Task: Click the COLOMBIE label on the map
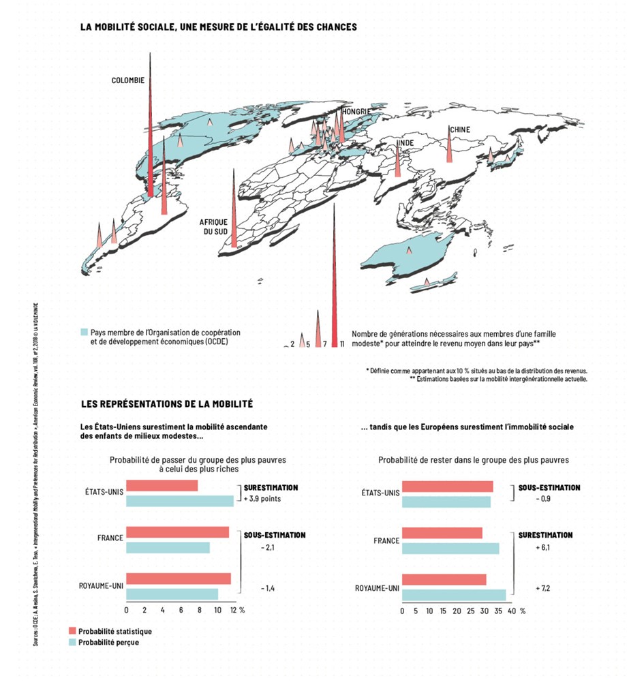tap(128, 80)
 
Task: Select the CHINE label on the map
tap(459, 129)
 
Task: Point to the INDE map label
tap(405, 142)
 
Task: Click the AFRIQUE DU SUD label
tap(213, 227)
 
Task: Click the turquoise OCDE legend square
tap(84, 332)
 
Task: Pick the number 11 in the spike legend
tap(341, 344)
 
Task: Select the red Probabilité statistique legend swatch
tap(72, 631)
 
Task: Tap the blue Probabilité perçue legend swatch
tap(72, 642)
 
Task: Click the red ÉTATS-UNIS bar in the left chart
tap(162, 486)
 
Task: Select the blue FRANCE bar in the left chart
tap(168, 547)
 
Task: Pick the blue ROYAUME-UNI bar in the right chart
tap(454, 595)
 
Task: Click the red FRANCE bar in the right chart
tap(442, 532)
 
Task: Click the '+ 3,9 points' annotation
tap(262, 499)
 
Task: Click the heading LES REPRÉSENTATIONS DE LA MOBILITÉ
tap(167, 404)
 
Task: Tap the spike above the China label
tap(449, 147)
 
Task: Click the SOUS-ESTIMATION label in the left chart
tap(275, 535)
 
